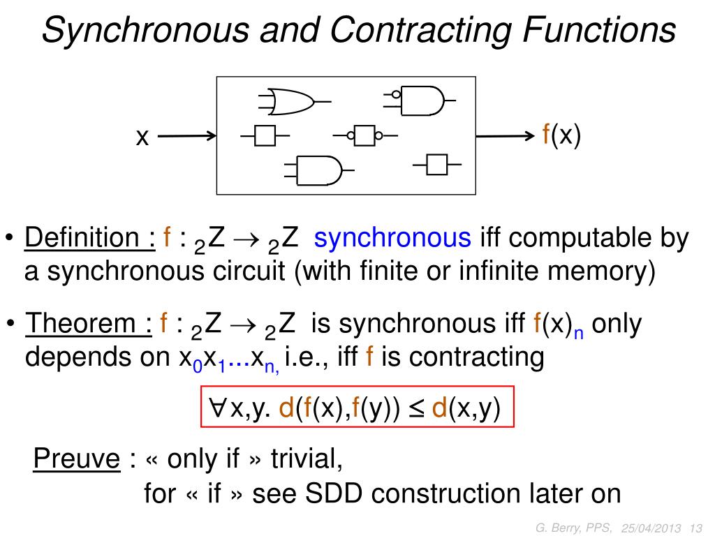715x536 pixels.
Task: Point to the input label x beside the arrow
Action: pyautogui.click(x=143, y=137)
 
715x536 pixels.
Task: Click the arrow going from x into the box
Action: pyautogui.click(x=187, y=137)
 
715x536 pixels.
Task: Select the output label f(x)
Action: pyautogui.click(x=562, y=135)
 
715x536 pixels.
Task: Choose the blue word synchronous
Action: pyautogui.click(x=392, y=239)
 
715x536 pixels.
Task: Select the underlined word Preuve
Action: pyautogui.click(x=77, y=459)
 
